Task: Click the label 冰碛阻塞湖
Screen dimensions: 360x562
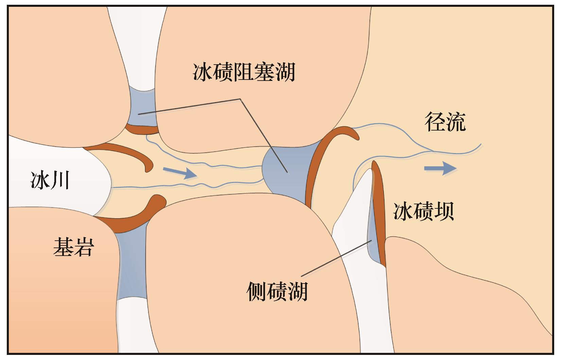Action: tap(244, 72)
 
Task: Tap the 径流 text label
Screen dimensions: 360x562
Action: tap(445, 122)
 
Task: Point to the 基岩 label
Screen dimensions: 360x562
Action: tap(73, 247)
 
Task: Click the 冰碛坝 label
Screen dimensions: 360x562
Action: tap(423, 211)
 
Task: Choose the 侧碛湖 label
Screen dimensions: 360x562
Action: tap(277, 292)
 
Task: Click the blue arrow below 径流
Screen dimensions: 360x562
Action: tap(440, 168)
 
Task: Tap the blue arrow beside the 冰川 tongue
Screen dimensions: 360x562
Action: tap(180, 173)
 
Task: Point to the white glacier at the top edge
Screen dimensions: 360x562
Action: tap(138, 41)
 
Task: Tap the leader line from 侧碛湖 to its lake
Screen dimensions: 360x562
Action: tap(336, 258)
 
